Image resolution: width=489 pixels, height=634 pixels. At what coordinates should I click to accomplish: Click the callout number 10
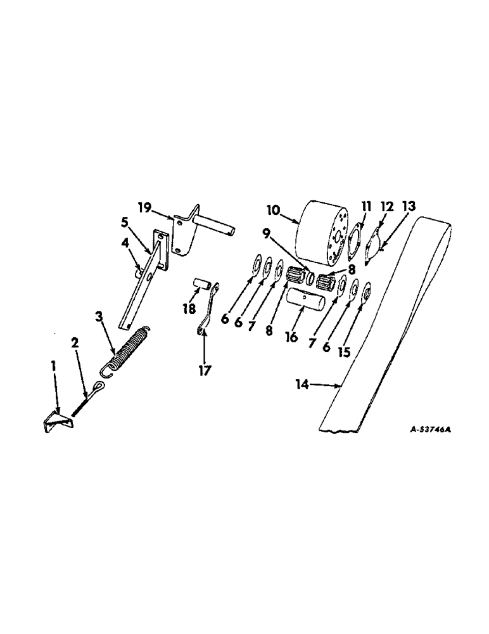(273, 209)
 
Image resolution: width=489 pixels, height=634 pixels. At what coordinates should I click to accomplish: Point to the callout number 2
(74, 343)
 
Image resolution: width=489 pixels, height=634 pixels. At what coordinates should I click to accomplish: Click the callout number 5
(125, 223)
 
